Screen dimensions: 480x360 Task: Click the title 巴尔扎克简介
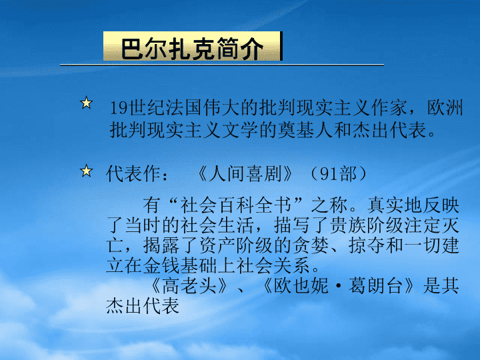coord(192,49)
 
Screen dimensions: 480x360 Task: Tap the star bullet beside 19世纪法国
coord(86,103)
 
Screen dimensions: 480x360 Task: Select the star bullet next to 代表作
coord(86,171)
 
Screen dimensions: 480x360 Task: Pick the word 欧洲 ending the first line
coord(445,108)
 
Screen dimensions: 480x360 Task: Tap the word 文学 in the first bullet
coord(240,130)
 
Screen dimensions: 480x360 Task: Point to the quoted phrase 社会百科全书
coord(235,205)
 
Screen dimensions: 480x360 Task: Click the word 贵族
coord(348,225)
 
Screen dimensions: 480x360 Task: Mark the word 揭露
coord(161,245)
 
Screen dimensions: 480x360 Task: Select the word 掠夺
coord(367,245)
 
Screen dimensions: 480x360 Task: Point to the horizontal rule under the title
coord(222,65)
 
